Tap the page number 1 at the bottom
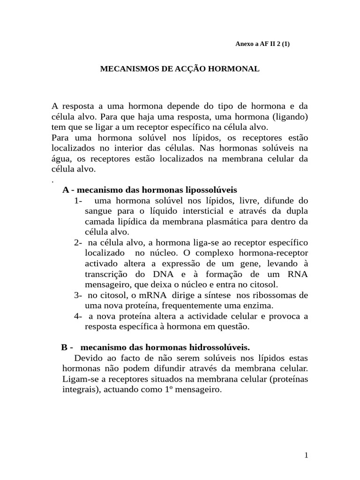[x=306, y=456]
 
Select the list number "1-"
[x=78, y=201]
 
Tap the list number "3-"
[x=78, y=295]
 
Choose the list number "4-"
[x=78, y=316]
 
